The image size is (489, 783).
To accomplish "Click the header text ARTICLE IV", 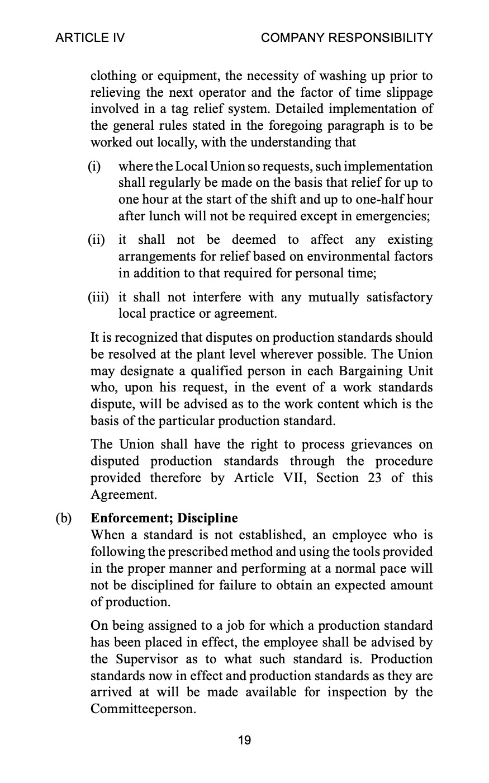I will tap(90, 38).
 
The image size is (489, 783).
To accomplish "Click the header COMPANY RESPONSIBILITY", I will tap(346, 38).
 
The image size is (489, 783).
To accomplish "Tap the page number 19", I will tap(244, 740).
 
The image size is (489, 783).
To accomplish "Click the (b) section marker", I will tap(64, 518).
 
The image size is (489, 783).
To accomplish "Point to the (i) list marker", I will tap(94, 167).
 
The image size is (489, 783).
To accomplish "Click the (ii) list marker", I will tap(96, 240).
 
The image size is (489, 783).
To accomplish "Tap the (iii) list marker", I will tap(98, 297).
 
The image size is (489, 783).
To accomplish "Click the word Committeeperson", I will tap(143, 709).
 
